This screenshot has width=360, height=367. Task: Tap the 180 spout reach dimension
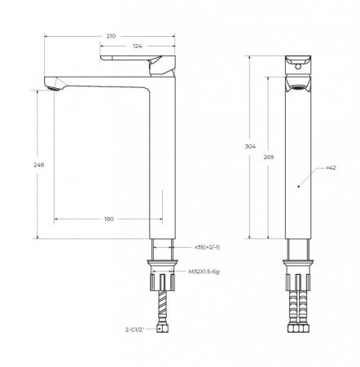(x=108, y=218)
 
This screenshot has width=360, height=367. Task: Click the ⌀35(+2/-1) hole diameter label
(x=205, y=245)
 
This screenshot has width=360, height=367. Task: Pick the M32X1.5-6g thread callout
(x=208, y=272)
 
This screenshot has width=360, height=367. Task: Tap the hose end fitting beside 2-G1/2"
(x=162, y=330)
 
